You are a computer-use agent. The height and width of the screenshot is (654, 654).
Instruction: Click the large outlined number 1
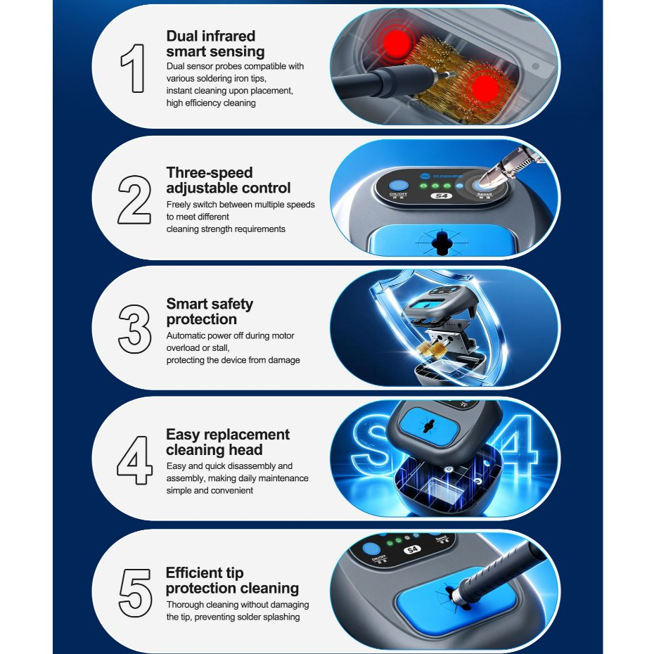[x=134, y=68]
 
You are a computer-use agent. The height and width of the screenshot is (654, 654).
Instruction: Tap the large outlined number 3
[x=134, y=329]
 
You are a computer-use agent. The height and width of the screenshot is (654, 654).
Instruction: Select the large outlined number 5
[x=135, y=593]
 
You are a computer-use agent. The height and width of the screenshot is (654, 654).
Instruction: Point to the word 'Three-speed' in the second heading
[x=210, y=172]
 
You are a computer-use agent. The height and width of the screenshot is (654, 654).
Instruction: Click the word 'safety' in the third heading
[x=233, y=304]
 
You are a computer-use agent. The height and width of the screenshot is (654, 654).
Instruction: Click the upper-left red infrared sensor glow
[x=397, y=42]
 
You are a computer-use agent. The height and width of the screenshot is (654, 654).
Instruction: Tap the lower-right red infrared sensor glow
[x=485, y=88]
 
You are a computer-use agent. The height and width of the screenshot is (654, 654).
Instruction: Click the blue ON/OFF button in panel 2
[x=398, y=185]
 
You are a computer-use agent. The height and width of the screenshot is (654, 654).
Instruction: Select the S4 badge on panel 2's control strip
[x=442, y=195]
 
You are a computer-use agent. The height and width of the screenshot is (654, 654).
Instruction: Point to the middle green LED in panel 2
[x=435, y=186]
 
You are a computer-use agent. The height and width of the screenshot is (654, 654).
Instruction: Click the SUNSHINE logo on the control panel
[x=442, y=176]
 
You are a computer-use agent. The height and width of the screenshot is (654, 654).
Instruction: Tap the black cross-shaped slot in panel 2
[x=440, y=241]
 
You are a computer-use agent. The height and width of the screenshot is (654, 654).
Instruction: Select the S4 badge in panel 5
[x=412, y=549]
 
